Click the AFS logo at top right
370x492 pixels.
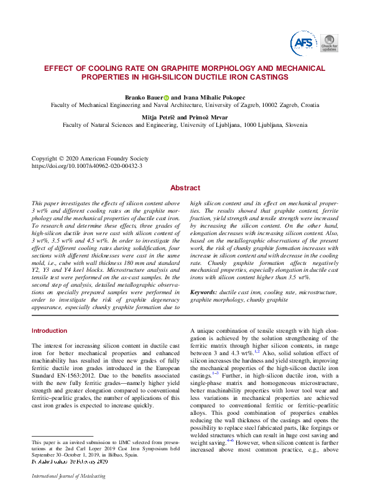[x=303, y=43]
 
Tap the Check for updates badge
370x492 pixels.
[x=330, y=44]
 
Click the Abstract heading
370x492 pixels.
[x=185, y=188]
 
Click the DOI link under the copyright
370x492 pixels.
[x=86, y=166]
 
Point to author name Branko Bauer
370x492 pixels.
[x=144, y=97]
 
